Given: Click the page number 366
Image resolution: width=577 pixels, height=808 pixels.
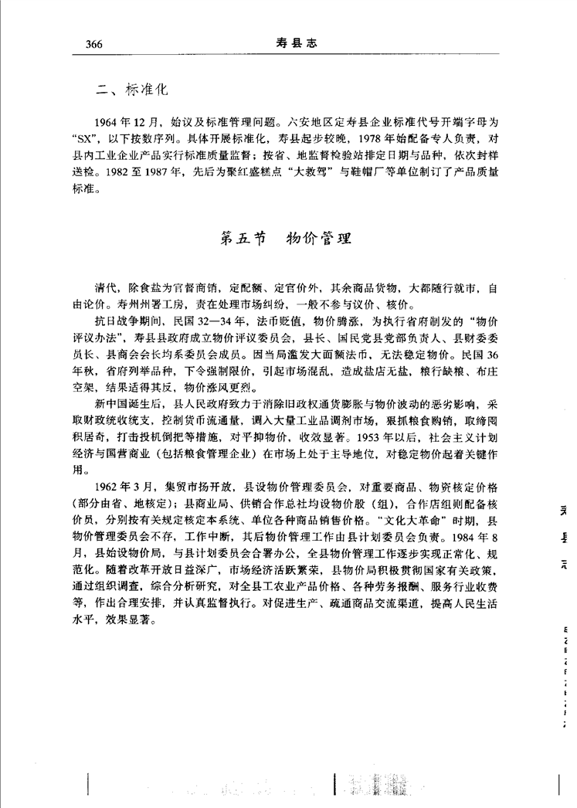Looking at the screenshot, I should (90, 44).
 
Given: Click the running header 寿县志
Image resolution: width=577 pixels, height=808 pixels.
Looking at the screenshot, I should (297, 43).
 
